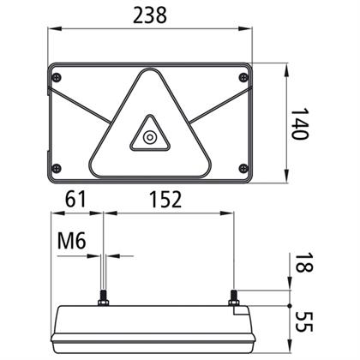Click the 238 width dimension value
(150, 15)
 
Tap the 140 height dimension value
(300, 123)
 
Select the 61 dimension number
(75, 199)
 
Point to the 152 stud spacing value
(165, 199)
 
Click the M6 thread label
(71, 241)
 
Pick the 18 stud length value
(303, 263)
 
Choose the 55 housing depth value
(303, 322)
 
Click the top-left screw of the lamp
(57, 77)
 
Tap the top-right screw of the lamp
(243, 77)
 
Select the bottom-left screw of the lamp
(57, 168)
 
